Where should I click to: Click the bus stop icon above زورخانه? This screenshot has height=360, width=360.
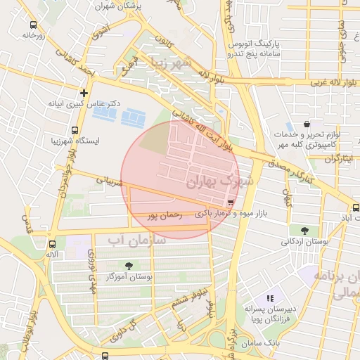click(x=32, y=23)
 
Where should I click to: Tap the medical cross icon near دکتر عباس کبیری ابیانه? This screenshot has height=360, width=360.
click(x=84, y=92)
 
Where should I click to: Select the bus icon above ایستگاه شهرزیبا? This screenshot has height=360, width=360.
click(x=75, y=129)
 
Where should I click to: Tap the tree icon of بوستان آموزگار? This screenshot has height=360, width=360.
click(x=128, y=265)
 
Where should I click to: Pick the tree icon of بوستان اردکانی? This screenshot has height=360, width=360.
click(x=304, y=230)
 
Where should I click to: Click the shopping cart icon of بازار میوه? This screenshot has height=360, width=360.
click(x=231, y=202)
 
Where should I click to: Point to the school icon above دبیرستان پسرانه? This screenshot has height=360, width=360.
click(x=270, y=298)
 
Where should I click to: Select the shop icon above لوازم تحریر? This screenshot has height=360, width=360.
click(x=307, y=124)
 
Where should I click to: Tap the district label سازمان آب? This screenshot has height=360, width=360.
click(x=136, y=240)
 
